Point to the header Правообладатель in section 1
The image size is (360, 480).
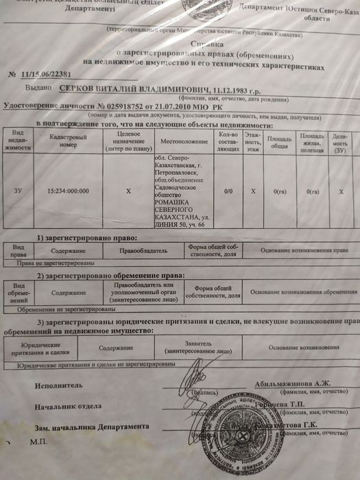(x=147, y=251)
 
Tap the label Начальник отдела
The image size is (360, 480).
(x=67, y=406)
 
